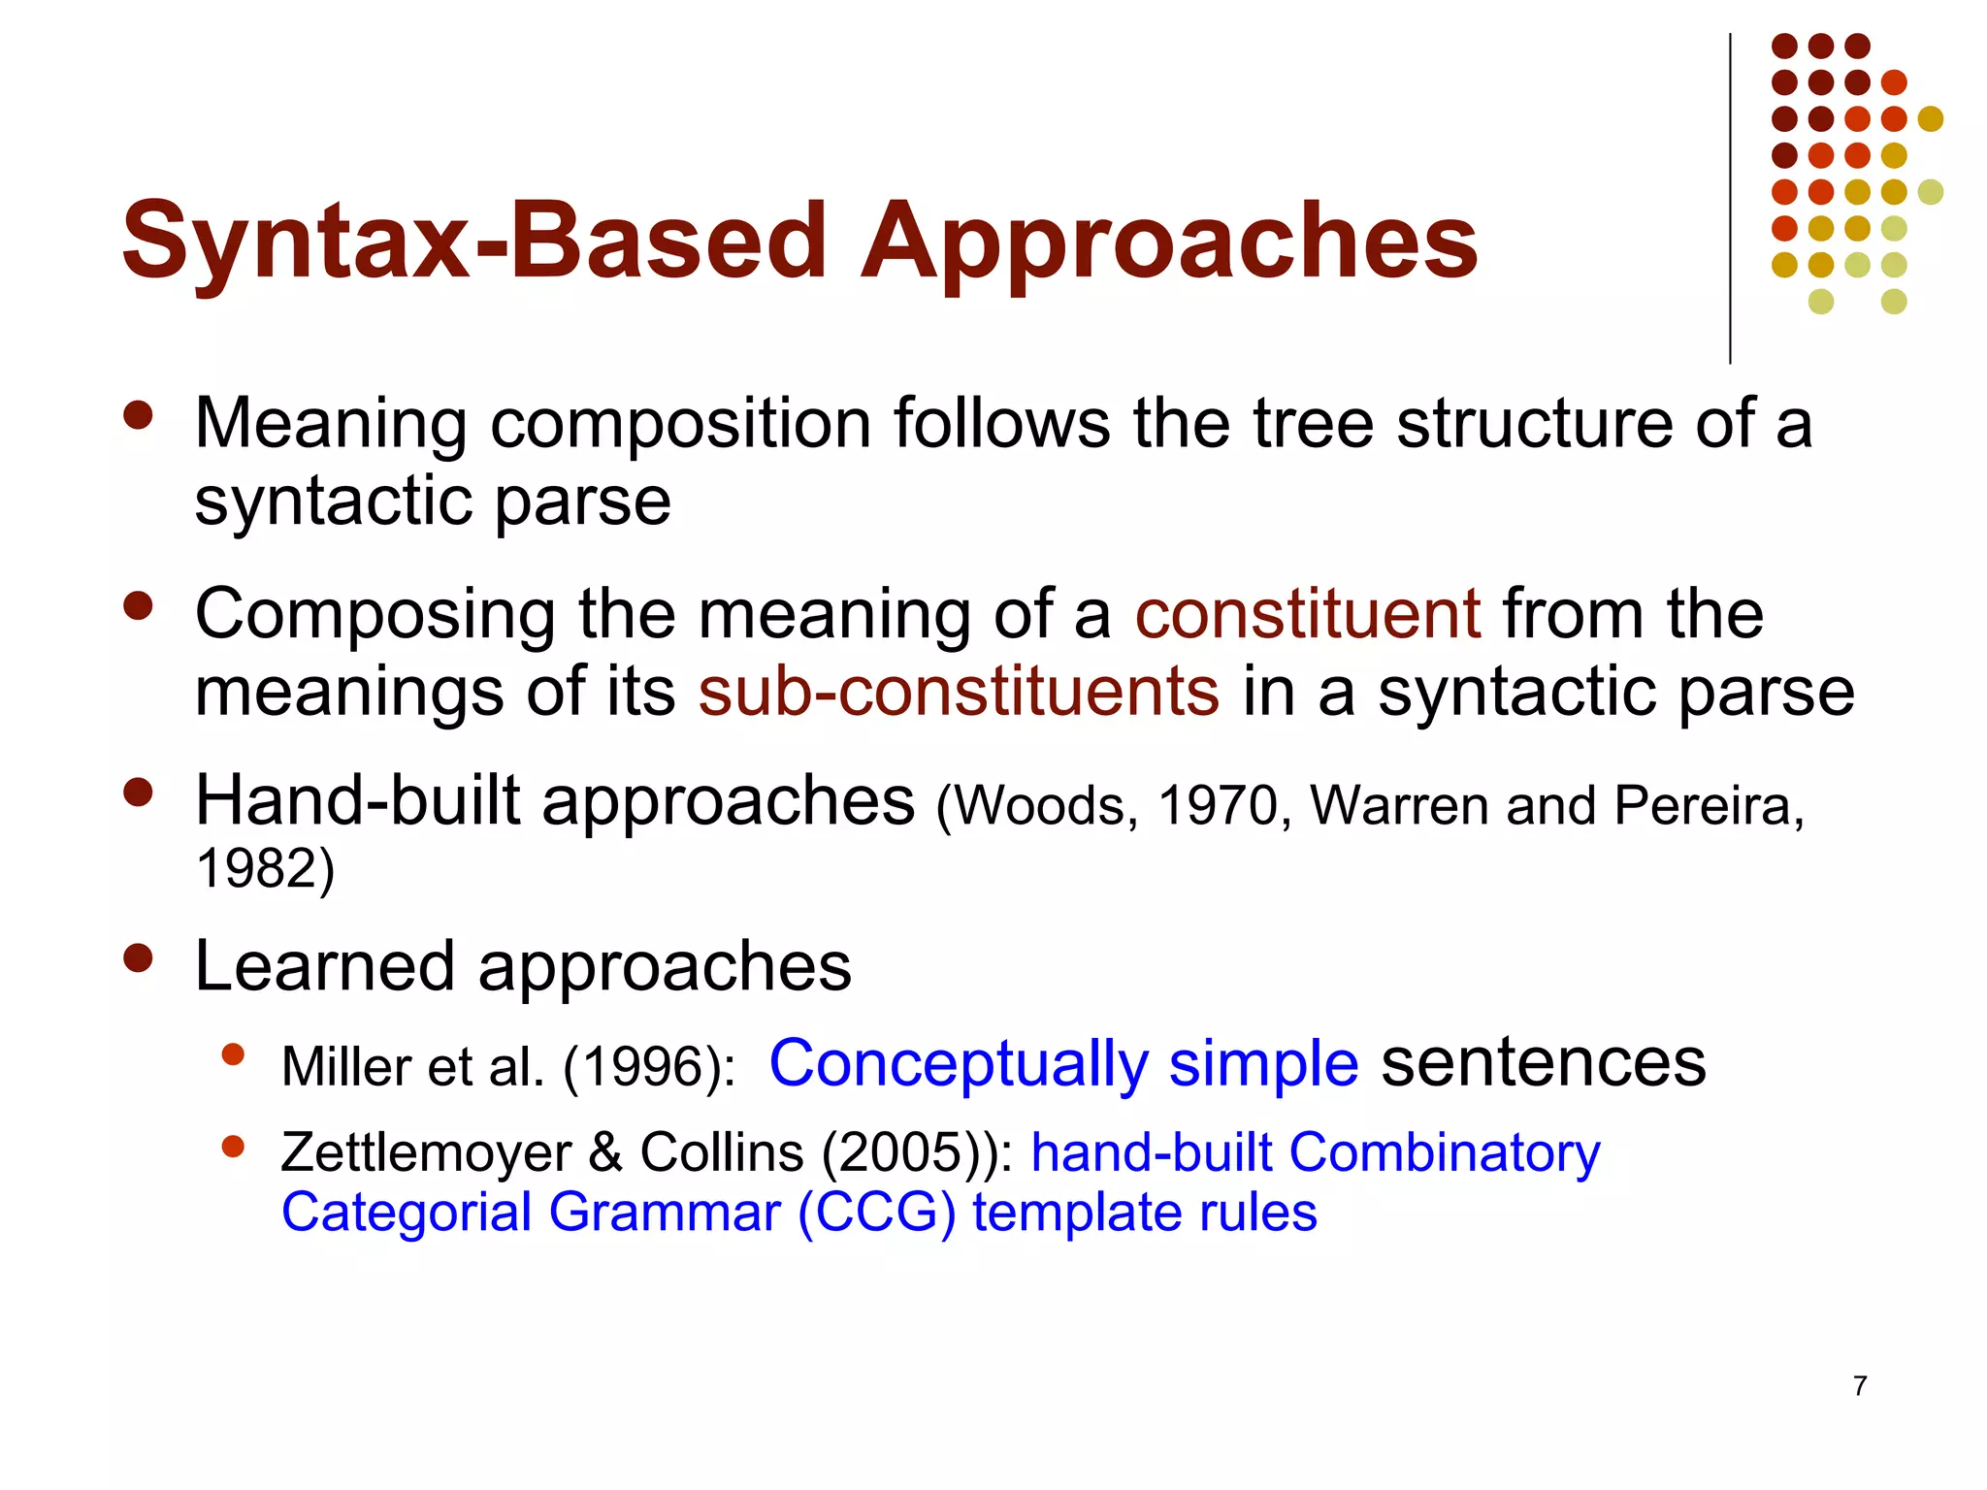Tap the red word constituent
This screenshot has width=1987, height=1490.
tap(1308, 614)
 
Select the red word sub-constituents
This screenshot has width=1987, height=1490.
tap(959, 692)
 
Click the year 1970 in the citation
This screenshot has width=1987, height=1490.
tap(1219, 806)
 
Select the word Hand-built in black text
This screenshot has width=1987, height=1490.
tap(358, 801)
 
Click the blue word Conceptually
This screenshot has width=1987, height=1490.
tap(958, 1064)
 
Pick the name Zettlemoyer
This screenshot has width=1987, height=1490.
tap(426, 1152)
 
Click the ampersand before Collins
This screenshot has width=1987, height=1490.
tap(605, 1152)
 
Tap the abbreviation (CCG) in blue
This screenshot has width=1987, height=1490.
tap(876, 1214)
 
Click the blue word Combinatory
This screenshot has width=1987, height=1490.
tap(1445, 1152)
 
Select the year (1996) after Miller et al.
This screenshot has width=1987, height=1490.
tap(648, 1067)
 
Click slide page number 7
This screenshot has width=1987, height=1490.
tap(1860, 1385)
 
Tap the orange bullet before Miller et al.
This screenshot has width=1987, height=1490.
tap(232, 1054)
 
